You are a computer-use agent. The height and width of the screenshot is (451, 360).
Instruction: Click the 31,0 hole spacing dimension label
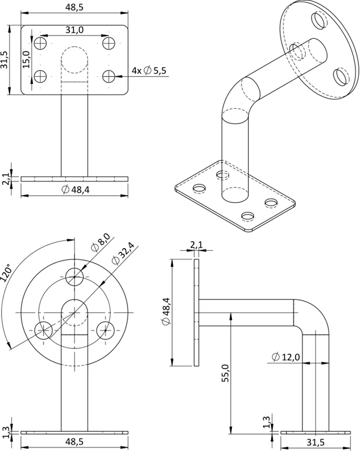pos(74,30)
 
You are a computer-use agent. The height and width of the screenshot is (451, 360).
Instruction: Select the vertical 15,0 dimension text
pos(27,59)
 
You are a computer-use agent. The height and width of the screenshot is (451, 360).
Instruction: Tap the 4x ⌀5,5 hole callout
pos(149,71)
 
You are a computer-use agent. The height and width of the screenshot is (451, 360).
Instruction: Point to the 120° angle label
pos(6,272)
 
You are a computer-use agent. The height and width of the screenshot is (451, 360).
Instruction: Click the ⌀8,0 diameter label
pos(100,243)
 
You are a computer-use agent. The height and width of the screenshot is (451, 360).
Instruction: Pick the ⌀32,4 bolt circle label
pos(123,253)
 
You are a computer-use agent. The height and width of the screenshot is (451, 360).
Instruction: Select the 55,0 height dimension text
pos(225,373)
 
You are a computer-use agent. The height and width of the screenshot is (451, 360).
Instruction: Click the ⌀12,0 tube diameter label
pos(286,357)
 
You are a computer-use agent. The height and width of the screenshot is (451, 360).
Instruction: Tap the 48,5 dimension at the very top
pos(74,7)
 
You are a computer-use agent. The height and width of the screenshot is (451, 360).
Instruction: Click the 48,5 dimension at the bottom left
pos(74,441)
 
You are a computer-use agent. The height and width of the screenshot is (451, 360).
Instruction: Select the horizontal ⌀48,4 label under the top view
pos(76,189)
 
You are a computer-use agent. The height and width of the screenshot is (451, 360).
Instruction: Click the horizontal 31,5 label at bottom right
pos(315,442)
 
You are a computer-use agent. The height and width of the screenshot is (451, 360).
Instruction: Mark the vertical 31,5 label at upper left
pos(4,60)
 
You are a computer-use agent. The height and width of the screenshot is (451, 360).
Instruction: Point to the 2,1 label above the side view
pos(196,245)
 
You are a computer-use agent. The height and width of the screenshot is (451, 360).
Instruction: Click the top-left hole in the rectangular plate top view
pos(40,43)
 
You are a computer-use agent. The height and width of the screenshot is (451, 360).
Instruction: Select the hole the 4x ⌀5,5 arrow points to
pos(109,76)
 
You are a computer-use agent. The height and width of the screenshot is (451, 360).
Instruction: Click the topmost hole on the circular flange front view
pos(74,277)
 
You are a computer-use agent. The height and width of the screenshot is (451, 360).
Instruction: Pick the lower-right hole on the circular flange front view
pos(106,330)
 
